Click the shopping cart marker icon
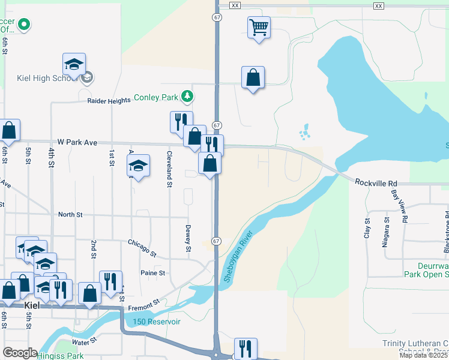259,27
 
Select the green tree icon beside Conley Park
188,96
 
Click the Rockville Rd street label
376,182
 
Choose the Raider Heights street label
109,101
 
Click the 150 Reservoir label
157,322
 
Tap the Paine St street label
152,273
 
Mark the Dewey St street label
188,238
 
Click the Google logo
20,353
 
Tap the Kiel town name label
33,305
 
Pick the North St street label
70,214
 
